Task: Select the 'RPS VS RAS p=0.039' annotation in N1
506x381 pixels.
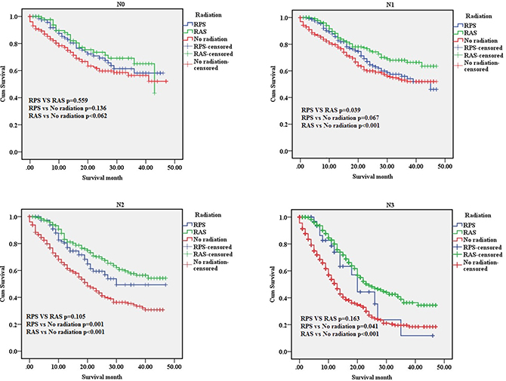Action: click(x=331, y=110)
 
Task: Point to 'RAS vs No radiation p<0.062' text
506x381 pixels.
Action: click(x=68, y=115)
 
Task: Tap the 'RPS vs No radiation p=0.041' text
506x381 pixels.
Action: click(x=339, y=326)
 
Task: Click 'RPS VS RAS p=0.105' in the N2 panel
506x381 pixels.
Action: click(x=56, y=317)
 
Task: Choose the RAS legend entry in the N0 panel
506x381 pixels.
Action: click(x=195, y=32)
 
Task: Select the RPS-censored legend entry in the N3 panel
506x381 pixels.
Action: click(x=477, y=247)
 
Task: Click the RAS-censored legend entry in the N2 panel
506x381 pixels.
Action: click(x=208, y=254)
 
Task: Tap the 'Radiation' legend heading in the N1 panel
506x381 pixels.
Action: click(x=479, y=16)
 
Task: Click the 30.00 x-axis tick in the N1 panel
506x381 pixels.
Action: click(x=387, y=166)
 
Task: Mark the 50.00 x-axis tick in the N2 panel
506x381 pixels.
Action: click(x=174, y=367)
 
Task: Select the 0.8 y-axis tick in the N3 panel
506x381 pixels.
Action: click(x=283, y=244)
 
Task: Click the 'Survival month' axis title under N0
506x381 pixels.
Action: click(x=102, y=177)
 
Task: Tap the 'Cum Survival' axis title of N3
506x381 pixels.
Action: click(x=273, y=284)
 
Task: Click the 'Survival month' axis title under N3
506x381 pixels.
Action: click(x=372, y=377)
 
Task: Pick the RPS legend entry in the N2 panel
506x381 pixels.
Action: click(x=194, y=225)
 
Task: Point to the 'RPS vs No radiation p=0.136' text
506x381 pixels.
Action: click(x=67, y=108)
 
